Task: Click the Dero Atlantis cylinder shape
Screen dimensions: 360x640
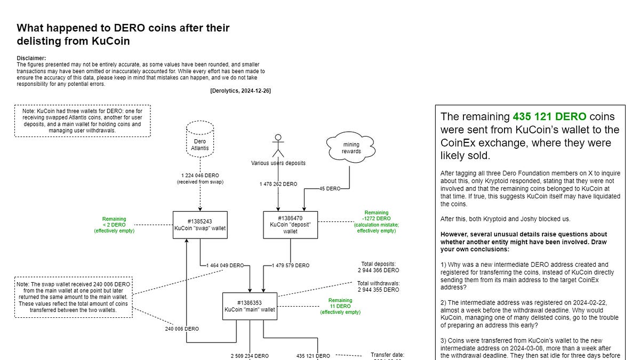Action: [199, 139]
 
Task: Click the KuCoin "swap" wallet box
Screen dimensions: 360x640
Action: [199, 225]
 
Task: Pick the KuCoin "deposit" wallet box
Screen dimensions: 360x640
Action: [290, 225]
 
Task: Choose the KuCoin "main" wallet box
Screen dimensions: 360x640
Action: [250, 306]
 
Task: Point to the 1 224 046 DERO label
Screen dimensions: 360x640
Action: [200, 175]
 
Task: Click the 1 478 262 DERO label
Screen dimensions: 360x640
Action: [278, 185]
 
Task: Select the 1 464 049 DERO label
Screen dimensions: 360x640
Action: [226, 265]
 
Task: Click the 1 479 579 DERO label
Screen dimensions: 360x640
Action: [291, 265]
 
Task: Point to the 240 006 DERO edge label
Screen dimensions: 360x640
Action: [182, 329]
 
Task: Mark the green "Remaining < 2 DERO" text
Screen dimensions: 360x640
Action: [115, 225]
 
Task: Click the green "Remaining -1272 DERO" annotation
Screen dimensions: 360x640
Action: [377, 221]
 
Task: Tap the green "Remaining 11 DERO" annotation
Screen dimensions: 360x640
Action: [340, 306]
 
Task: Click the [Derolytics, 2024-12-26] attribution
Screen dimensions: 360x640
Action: [241, 91]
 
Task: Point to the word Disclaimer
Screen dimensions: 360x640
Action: [31, 58]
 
